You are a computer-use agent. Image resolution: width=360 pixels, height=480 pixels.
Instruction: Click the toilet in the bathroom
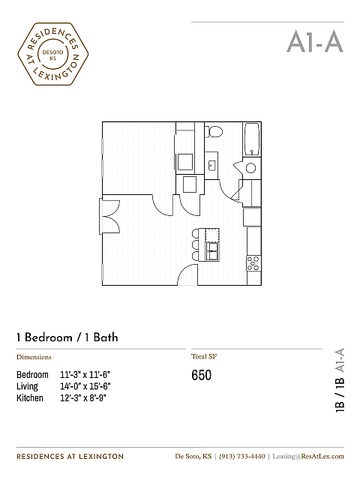(214, 131)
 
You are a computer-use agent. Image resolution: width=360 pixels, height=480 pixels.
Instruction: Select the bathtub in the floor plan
(252, 139)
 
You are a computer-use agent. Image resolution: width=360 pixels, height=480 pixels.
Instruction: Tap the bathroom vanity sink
(211, 165)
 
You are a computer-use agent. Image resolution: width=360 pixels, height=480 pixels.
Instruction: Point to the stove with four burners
(253, 263)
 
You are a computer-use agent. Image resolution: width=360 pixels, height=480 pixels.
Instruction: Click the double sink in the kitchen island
(213, 251)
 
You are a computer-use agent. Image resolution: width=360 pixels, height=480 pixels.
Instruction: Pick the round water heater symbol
(251, 168)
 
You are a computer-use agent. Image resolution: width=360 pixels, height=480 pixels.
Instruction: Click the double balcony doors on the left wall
(109, 217)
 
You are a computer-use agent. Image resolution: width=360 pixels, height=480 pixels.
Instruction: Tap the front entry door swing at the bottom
(187, 274)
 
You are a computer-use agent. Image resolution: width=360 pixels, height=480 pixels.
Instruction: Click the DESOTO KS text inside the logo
(53, 55)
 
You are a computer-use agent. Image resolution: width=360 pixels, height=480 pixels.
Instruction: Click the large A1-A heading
(315, 42)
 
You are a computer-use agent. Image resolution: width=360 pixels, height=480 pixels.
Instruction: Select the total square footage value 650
(201, 375)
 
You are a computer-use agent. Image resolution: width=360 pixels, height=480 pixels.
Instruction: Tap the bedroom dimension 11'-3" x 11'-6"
(85, 375)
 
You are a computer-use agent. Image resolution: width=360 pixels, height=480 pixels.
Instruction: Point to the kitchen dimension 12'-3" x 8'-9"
(83, 398)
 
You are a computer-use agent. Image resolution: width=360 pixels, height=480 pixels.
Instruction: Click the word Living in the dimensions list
(27, 386)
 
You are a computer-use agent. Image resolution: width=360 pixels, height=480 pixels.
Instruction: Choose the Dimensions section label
(34, 357)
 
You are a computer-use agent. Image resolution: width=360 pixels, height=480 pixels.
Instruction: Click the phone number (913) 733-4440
(242, 456)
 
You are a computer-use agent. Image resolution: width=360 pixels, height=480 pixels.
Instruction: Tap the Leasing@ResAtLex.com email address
(308, 456)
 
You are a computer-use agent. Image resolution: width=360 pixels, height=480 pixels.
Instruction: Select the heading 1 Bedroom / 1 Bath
(67, 337)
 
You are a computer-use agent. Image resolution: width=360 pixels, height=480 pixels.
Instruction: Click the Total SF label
(204, 356)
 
